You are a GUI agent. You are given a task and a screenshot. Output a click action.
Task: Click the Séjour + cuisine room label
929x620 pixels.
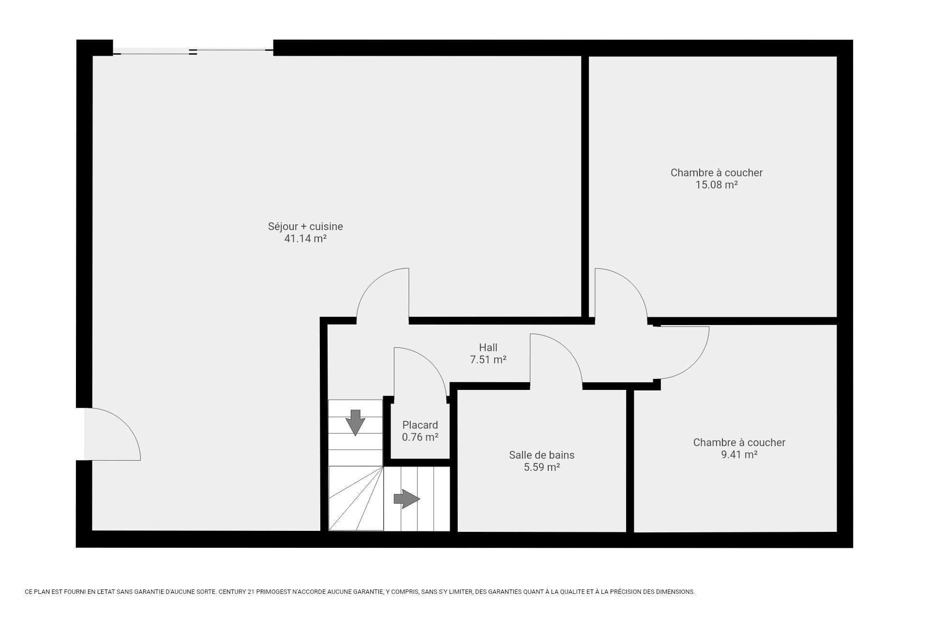pos(305,226)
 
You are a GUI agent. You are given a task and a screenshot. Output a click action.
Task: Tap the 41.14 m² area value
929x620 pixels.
pos(305,238)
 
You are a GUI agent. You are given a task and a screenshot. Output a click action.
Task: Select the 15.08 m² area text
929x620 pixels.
pos(717,185)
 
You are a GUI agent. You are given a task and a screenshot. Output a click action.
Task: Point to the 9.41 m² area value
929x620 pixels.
pos(739,454)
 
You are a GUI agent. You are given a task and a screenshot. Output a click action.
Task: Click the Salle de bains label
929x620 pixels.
pos(541,455)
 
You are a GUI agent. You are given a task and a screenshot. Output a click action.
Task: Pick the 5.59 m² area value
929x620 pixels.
pos(542,467)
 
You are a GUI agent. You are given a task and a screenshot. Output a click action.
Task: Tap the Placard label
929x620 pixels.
pos(420,425)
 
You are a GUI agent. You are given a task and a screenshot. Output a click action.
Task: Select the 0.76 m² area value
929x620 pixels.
pos(420,437)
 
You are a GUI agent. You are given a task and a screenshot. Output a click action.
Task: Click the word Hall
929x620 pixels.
pos(488,347)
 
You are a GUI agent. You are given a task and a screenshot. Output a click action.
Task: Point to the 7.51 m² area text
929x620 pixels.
pos(488,359)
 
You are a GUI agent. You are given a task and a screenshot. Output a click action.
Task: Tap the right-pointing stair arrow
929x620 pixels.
pos(406,498)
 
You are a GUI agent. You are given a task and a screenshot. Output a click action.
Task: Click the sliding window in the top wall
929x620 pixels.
pos(193,51)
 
